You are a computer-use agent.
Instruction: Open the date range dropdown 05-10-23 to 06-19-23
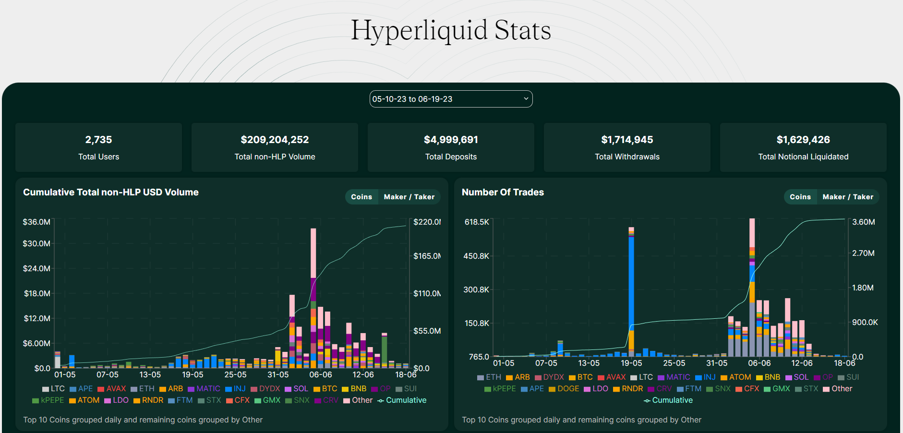[x=451, y=99]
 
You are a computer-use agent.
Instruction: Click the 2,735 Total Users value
[x=98, y=140]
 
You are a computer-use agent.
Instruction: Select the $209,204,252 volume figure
[x=275, y=140]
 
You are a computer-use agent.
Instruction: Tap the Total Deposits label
[x=451, y=156]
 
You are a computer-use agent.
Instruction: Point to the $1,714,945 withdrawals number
[x=627, y=140]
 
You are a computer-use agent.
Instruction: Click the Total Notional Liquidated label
[x=803, y=156]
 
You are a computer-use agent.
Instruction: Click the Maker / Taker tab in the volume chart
[x=409, y=197]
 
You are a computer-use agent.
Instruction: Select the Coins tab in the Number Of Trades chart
[x=800, y=197]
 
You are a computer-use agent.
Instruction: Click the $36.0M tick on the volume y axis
[x=36, y=222]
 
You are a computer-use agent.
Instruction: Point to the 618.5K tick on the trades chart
[x=476, y=222]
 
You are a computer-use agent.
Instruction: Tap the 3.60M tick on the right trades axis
[x=863, y=222]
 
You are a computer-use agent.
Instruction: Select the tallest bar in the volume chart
[x=313, y=298]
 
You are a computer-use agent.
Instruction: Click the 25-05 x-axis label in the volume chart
[x=235, y=374]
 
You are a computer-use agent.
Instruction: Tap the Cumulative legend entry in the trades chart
[x=668, y=400]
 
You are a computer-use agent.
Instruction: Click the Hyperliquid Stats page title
[x=451, y=30]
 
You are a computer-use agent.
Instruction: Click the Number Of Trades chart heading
[x=503, y=192]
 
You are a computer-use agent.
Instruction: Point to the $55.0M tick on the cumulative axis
[x=427, y=331]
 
